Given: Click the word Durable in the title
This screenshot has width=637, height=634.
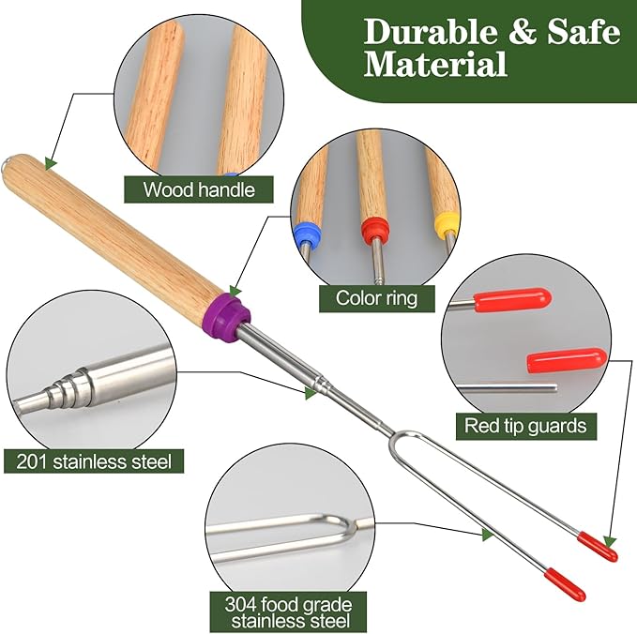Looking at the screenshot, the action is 430,31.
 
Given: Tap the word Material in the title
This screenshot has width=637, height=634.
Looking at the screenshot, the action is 435,64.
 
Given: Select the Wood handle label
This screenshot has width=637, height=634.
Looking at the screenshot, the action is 199,189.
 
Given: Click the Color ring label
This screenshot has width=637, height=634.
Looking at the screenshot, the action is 376,298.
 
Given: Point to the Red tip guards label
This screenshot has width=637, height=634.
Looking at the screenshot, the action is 525,426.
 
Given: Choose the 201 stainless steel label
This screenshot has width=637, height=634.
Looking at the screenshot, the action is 94,461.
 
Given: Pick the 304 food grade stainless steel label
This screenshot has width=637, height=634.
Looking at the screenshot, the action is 288,612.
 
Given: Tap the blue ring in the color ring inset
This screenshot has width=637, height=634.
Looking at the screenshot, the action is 307,234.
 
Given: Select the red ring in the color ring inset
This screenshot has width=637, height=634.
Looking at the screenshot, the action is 375,231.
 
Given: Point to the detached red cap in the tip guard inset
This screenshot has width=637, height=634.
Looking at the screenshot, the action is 567,359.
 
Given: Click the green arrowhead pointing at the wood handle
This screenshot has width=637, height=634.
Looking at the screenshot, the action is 51,163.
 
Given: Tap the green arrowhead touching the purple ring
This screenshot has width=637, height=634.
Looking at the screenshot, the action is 235,291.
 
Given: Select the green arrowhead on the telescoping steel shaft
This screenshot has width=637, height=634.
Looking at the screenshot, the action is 311,393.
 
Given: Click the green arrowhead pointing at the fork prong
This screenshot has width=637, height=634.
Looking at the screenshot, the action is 488,535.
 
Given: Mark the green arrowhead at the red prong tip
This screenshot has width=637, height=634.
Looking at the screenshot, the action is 610,541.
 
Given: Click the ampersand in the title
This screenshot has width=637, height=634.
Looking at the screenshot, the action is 522,32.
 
